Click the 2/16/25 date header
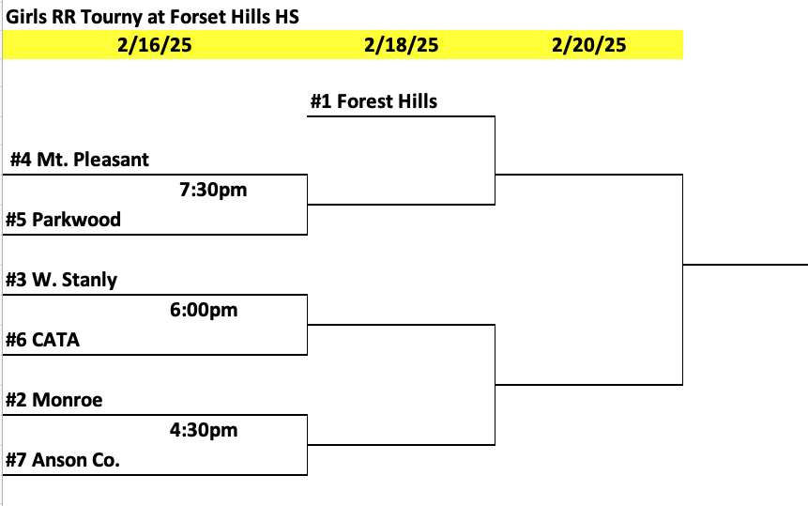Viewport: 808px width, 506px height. (155, 45)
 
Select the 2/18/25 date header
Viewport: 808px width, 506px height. (401, 45)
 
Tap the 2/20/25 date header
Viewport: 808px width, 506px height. (589, 45)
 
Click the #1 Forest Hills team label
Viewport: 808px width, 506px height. (374, 101)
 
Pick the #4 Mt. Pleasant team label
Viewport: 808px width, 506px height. (80, 160)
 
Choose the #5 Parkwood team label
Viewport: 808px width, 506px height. (64, 220)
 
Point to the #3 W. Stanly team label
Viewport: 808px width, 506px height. (61, 280)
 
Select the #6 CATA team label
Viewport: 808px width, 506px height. (43, 340)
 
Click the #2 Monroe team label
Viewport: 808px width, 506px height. (54, 400)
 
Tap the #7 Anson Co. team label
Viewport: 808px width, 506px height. (62, 460)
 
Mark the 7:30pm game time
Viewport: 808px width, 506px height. (213, 190)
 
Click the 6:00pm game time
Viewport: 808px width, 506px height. (204, 310)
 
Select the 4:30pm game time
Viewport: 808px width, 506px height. (204, 430)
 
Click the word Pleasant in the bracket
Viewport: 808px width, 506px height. (112, 160)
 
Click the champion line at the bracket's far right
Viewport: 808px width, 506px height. (745, 265)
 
